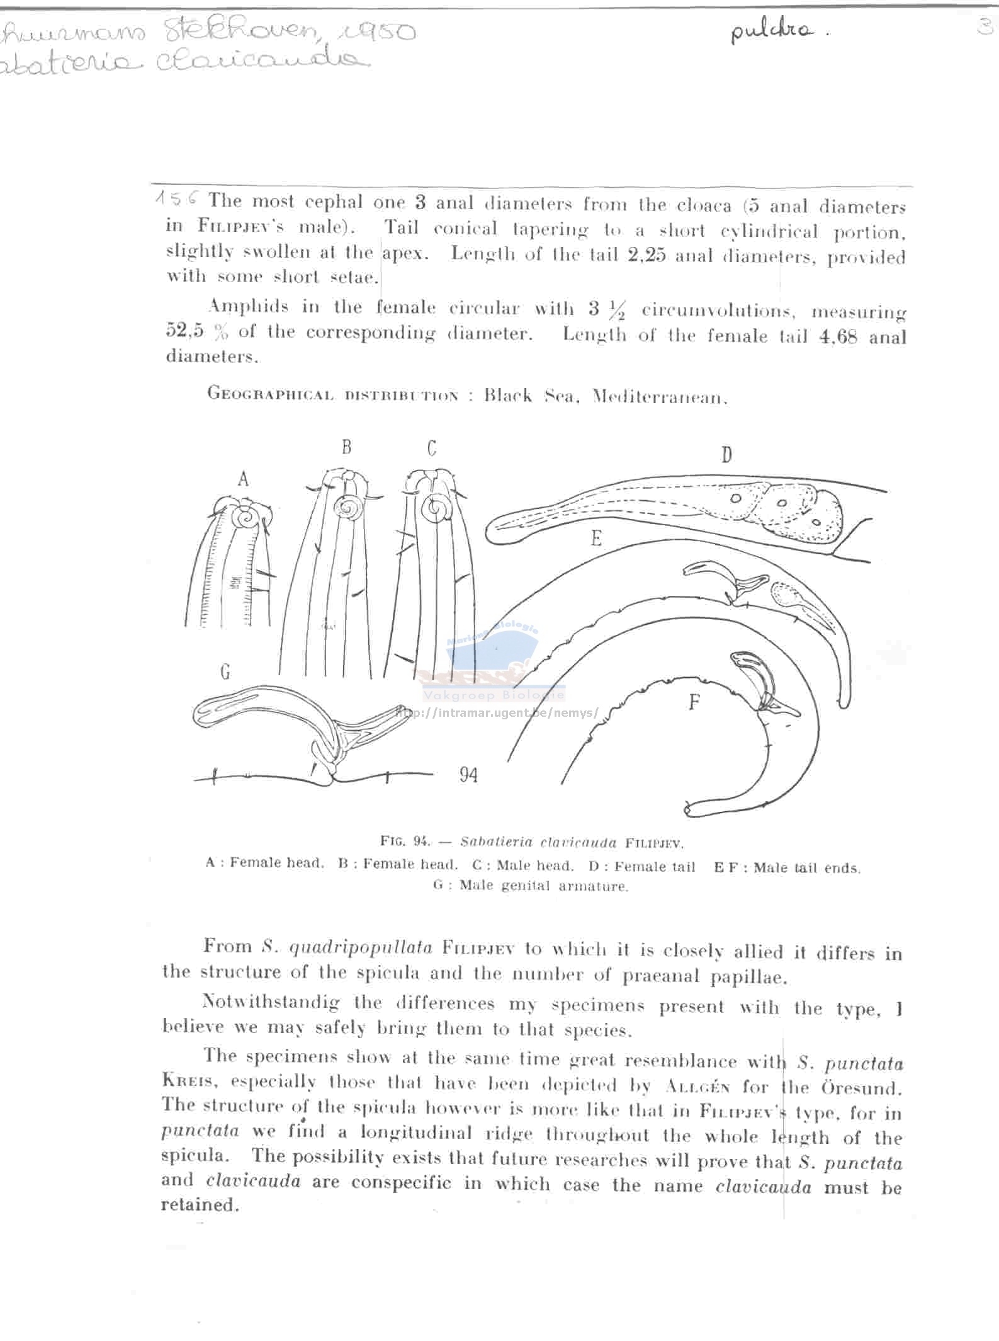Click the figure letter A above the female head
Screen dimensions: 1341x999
tap(243, 480)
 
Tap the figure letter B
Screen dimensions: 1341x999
tap(346, 447)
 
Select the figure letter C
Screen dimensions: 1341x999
tap(431, 448)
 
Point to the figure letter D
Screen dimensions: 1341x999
tap(726, 454)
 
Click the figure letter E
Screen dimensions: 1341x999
tap(595, 538)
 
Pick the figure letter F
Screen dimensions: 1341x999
tap(694, 702)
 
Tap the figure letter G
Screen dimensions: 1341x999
tap(225, 673)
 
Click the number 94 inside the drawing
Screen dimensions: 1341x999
tap(468, 774)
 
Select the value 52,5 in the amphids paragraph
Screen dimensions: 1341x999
tap(184, 331)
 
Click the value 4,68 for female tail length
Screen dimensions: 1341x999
tap(838, 336)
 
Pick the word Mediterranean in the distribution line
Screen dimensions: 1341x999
tap(660, 397)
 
